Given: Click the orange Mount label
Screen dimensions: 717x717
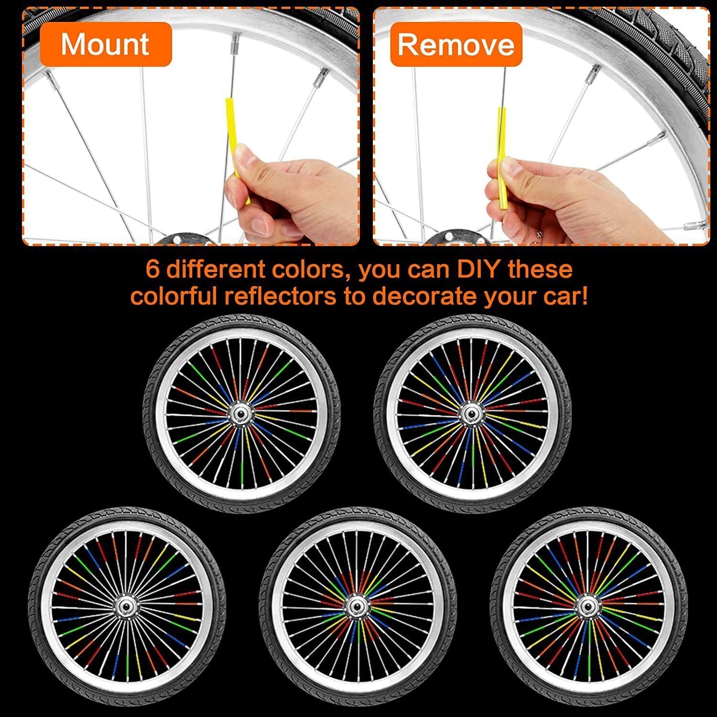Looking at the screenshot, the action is (106, 44).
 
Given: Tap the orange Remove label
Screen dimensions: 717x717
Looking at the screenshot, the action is (456, 44).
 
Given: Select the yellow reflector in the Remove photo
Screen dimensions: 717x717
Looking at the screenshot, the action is (502, 158).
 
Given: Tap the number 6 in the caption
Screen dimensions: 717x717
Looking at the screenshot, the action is (153, 270).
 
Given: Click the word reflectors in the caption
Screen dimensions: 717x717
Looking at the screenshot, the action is (281, 296).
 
